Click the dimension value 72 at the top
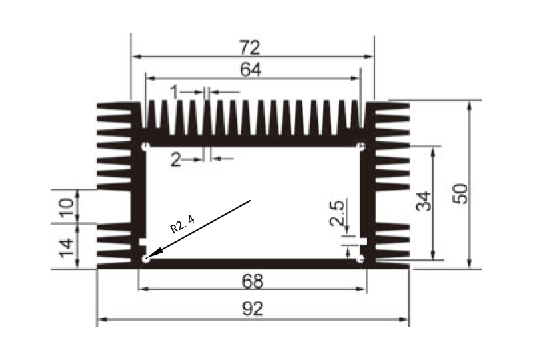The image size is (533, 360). tap(251, 48)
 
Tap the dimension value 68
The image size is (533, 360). tap(253, 281)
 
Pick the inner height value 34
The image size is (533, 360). tap(424, 201)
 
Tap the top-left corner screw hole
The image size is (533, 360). tap(145, 146)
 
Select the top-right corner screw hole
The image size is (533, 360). tap(362, 146)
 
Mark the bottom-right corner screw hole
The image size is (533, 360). tap(361, 259)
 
